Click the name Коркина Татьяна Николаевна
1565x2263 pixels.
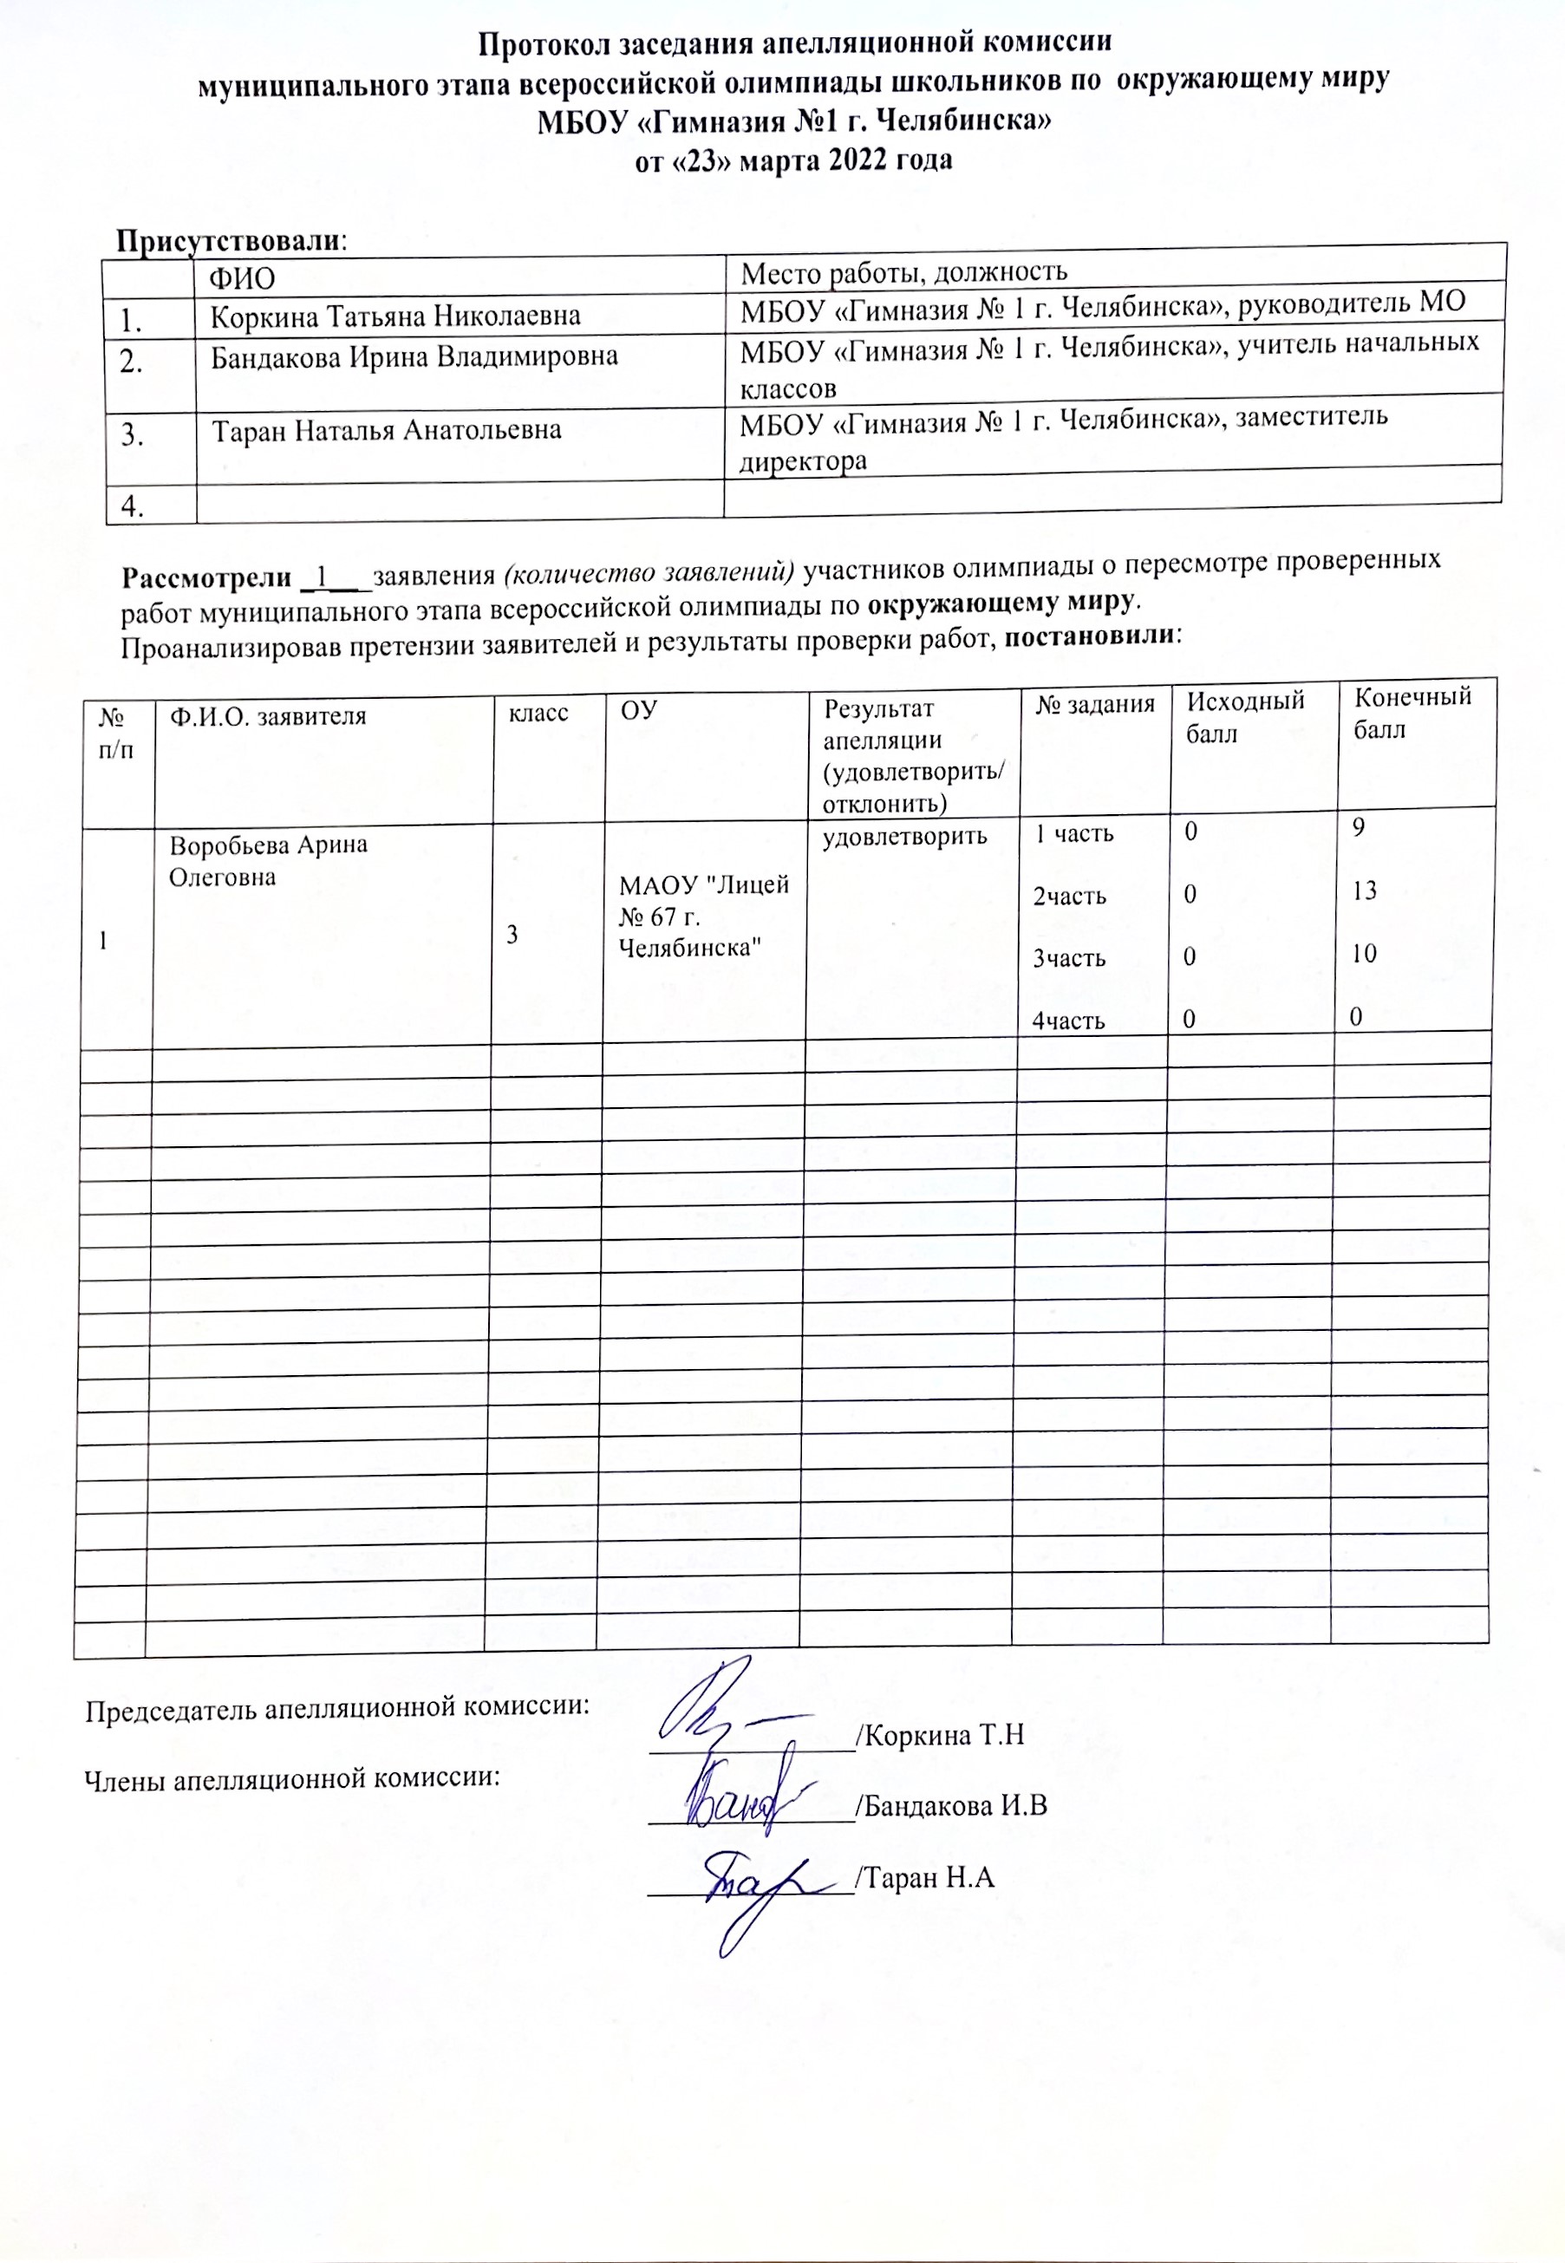click(395, 316)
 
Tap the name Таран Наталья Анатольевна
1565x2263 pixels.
click(388, 430)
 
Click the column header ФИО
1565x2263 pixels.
click(241, 278)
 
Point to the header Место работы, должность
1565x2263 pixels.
click(903, 271)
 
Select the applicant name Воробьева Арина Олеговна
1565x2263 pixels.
click(268, 860)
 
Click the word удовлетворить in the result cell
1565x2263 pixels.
click(904, 837)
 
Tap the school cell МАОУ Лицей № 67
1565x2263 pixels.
click(703, 916)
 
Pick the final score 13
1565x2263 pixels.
click(1364, 890)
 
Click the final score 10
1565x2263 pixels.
click(1364, 953)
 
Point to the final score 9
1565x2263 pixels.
click(1358, 827)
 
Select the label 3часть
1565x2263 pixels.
click(1069, 958)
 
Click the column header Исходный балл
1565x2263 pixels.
click(1244, 718)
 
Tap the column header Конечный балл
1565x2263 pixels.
click(1412, 713)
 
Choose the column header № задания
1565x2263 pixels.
click(1094, 703)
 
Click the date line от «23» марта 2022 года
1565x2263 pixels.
click(793, 160)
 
